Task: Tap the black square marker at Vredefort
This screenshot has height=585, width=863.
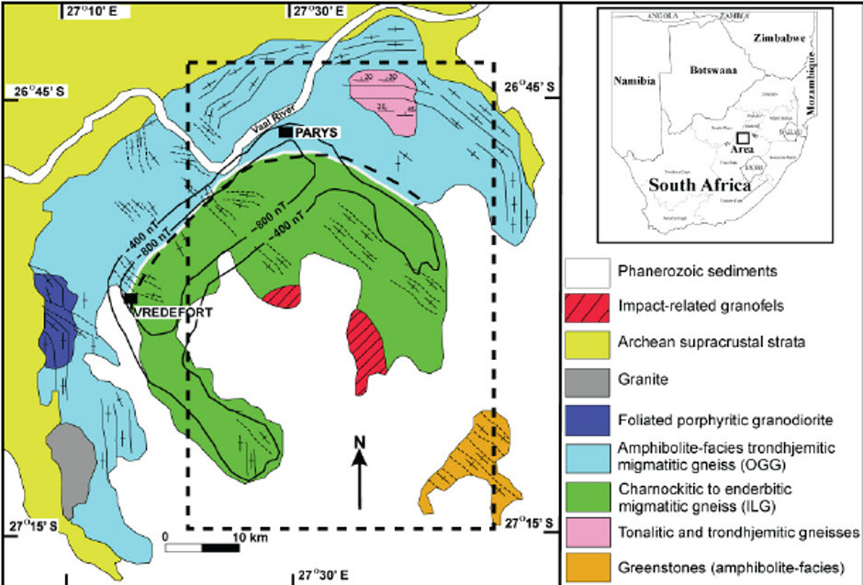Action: click(x=130, y=298)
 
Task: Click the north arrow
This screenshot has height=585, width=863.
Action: click(x=360, y=473)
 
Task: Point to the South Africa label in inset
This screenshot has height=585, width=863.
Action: click(x=694, y=184)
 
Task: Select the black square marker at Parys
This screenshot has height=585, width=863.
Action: click(x=288, y=133)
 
